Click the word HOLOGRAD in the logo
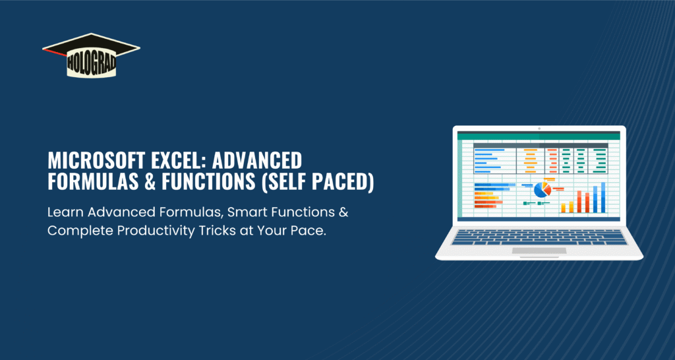pyautogui.click(x=91, y=64)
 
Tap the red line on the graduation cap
pyautogui.click(x=55, y=53)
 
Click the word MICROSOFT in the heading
pyautogui.click(x=86, y=161)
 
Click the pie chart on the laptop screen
pyautogui.click(x=543, y=189)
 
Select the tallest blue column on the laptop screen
pyautogui.click(x=603, y=197)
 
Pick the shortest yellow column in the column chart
pyautogui.click(x=563, y=208)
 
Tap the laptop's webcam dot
pyautogui.click(x=539, y=129)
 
